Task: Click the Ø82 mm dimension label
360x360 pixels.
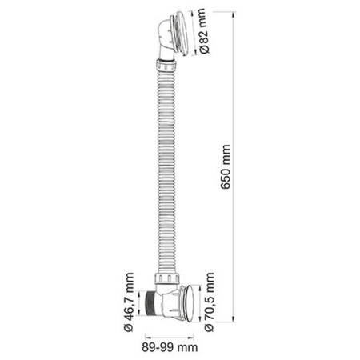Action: (202, 31)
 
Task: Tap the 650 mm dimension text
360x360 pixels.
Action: (226, 166)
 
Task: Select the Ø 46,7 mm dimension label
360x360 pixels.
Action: (129, 302)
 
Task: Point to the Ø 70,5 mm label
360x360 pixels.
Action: (210, 302)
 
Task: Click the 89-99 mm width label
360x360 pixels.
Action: (170, 347)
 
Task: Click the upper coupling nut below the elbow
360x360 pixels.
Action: (166, 65)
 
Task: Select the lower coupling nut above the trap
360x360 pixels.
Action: (167, 278)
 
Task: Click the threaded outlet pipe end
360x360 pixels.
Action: (151, 303)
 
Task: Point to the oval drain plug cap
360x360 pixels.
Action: (192, 303)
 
